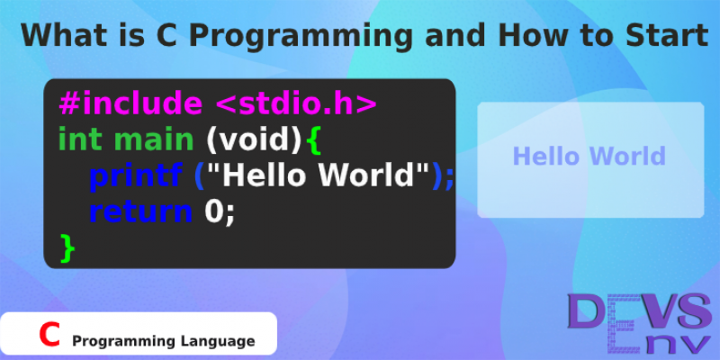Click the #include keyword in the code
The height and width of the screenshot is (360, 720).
tap(130, 103)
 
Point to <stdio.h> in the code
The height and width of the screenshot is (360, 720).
tap(295, 103)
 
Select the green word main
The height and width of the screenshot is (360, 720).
tap(153, 140)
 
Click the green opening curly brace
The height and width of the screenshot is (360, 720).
tap(312, 141)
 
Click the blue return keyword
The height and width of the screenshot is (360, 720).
tap(140, 211)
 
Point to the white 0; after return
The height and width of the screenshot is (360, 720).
tap(220, 211)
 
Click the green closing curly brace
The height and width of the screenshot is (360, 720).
tap(67, 248)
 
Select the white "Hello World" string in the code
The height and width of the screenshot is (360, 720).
tap(318, 175)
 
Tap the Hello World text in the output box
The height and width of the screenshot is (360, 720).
tap(589, 156)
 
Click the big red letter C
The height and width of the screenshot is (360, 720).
tap(49, 334)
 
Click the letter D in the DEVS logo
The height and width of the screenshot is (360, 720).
tap(586, 311)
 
